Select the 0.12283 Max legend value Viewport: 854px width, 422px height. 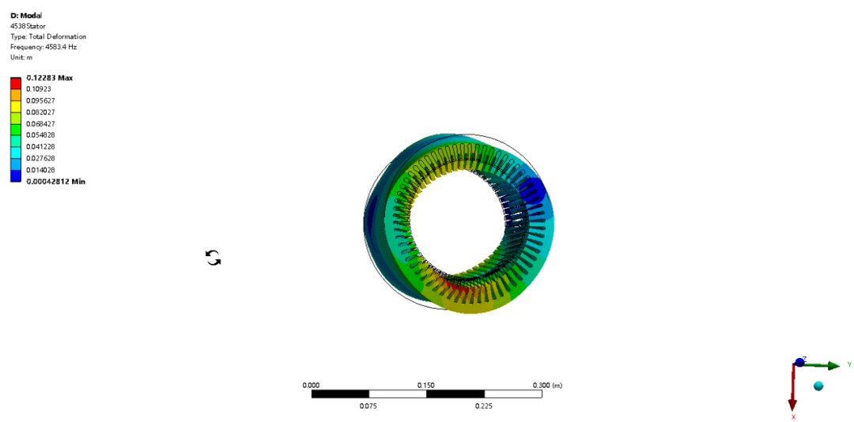click(50, 77)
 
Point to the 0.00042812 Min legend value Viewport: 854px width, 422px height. click(56, 182)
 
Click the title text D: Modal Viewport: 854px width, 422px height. click(25, 15)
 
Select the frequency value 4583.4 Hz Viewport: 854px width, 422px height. click(56, 47)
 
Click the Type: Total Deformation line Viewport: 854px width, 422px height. click(48, 36)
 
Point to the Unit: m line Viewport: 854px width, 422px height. click(21, 57)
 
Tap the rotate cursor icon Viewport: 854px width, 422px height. click(213, 257)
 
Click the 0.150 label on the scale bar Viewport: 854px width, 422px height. click(426, 385)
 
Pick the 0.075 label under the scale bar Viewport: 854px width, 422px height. click(368, 406)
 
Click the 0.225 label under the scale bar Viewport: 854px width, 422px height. click(484, 406)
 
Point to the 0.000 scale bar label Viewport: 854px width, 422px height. click(312, 385)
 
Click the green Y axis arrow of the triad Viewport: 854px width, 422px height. click(830, 365)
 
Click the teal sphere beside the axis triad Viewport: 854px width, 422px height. click(818, 386)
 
